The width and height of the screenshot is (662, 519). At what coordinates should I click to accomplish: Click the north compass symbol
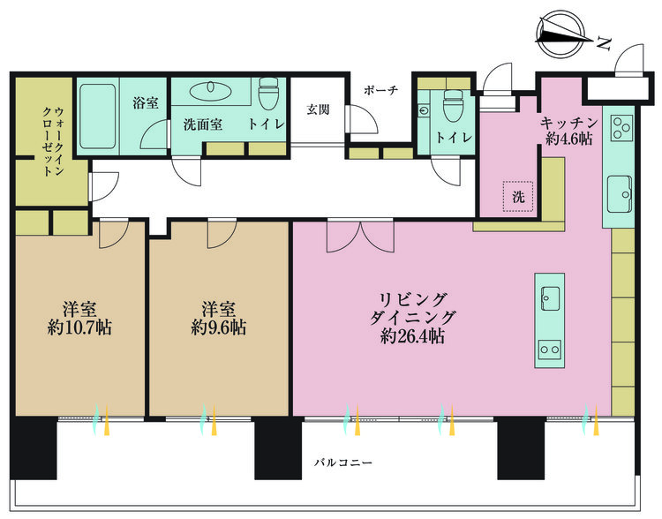[561, 34]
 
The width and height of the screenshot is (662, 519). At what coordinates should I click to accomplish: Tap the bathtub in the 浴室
[97, 117]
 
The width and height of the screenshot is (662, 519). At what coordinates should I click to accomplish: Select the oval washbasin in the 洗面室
[210, 90]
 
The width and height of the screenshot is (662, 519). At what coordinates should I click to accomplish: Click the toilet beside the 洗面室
[268, 93]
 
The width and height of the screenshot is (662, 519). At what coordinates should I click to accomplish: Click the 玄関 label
[318, 109]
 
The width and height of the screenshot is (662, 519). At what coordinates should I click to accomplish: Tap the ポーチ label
[380, 90]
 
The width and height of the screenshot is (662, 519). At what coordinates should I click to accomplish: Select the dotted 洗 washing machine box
[518, 196]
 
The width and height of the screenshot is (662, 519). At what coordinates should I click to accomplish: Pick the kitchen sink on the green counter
[620, 194]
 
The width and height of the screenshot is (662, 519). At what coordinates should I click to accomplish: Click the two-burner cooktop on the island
[550, 350]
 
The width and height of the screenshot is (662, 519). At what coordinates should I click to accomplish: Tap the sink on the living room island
[550, 298]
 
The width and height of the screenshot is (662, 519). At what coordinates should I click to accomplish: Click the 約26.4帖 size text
[412, 336]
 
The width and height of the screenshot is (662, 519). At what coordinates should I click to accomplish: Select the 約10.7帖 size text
[79, 327]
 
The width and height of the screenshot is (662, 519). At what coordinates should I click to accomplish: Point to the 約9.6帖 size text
[218, 327]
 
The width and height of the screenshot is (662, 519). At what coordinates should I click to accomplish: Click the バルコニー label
[343, 463]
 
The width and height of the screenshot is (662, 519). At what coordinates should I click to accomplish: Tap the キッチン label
[568, 123]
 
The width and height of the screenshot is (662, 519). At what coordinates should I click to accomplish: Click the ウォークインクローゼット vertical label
[53, 141]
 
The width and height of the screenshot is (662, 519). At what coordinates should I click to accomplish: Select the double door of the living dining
[360, 236]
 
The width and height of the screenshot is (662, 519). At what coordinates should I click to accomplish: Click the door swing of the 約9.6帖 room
[222, 233]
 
